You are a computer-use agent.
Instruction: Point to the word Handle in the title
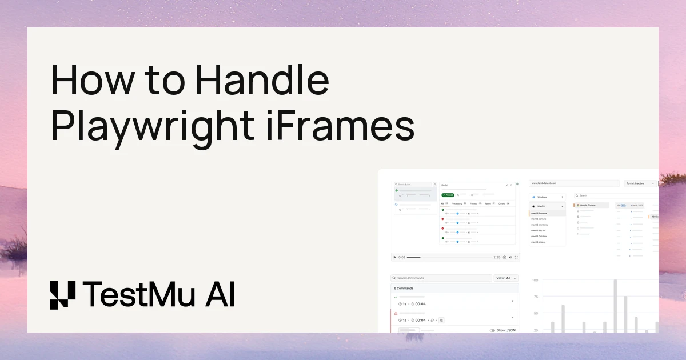pos(262,82)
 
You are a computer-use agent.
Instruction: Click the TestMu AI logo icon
pos(62,295)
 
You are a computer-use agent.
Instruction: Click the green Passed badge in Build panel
pos(448,195)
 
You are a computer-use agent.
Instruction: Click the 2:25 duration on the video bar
pos(497,257)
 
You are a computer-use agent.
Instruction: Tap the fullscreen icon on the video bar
pos(517,257)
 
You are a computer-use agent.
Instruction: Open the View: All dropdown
pos(506,278)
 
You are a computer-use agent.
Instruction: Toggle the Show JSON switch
pos(492,330)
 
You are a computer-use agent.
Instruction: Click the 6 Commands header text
pos(404,288)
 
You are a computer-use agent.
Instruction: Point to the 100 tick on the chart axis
pos(535,281)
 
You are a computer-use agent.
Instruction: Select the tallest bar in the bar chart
pos(615,306)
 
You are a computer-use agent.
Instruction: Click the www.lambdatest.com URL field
pos(574,183)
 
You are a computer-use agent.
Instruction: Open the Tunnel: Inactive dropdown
pos(640,183)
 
